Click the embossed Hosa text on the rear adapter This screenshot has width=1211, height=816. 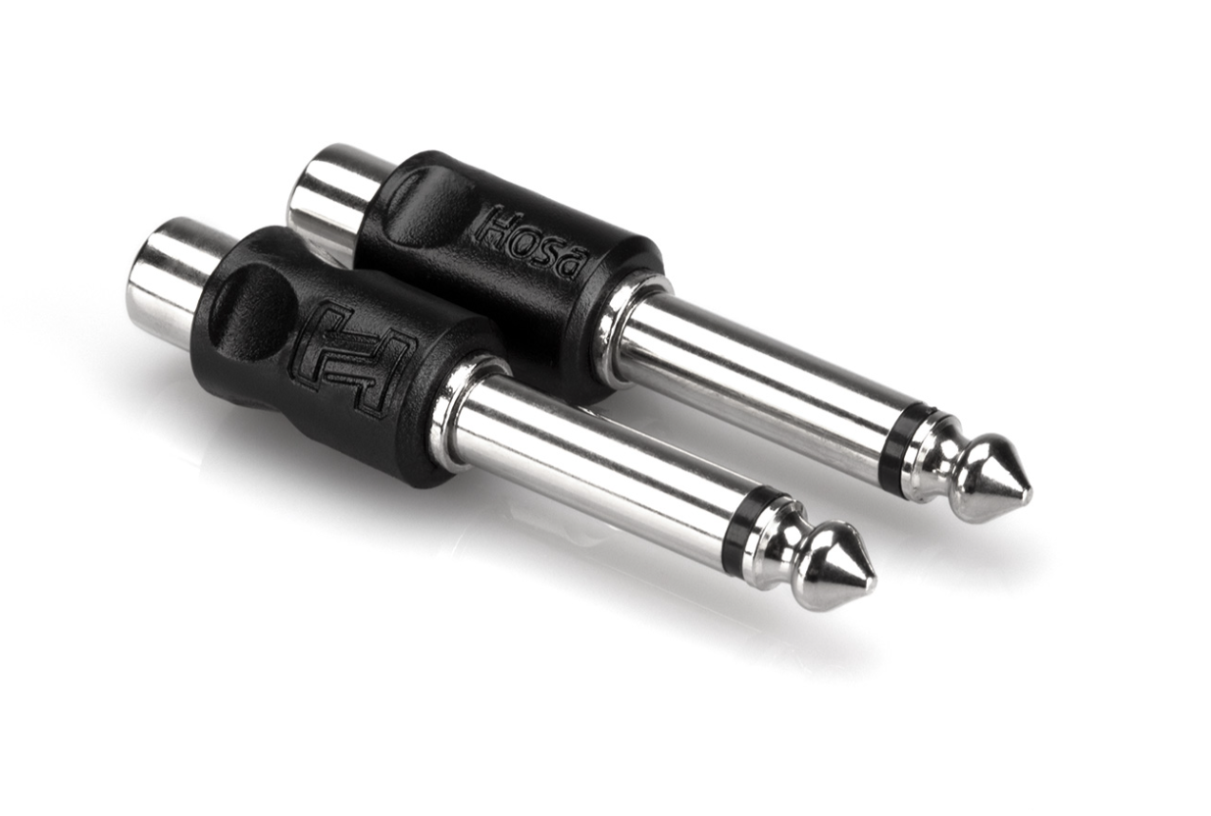pyautogui.click(x=530, y=241)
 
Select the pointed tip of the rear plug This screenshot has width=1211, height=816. pyautogui.click(x=1029, y=493)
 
